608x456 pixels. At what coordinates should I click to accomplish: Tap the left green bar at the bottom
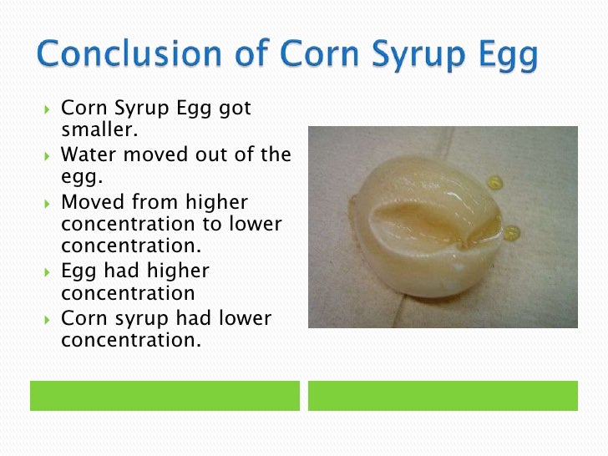(165, 395)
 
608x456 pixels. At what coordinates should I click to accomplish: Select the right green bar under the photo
(443, 395)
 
